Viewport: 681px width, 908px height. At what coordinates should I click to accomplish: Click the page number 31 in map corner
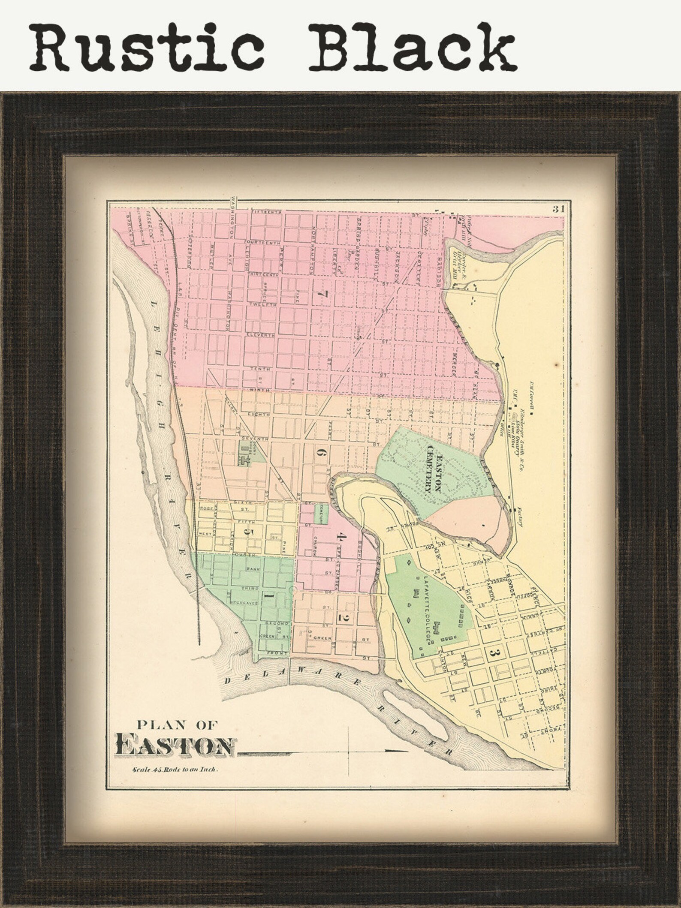[557, 209]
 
